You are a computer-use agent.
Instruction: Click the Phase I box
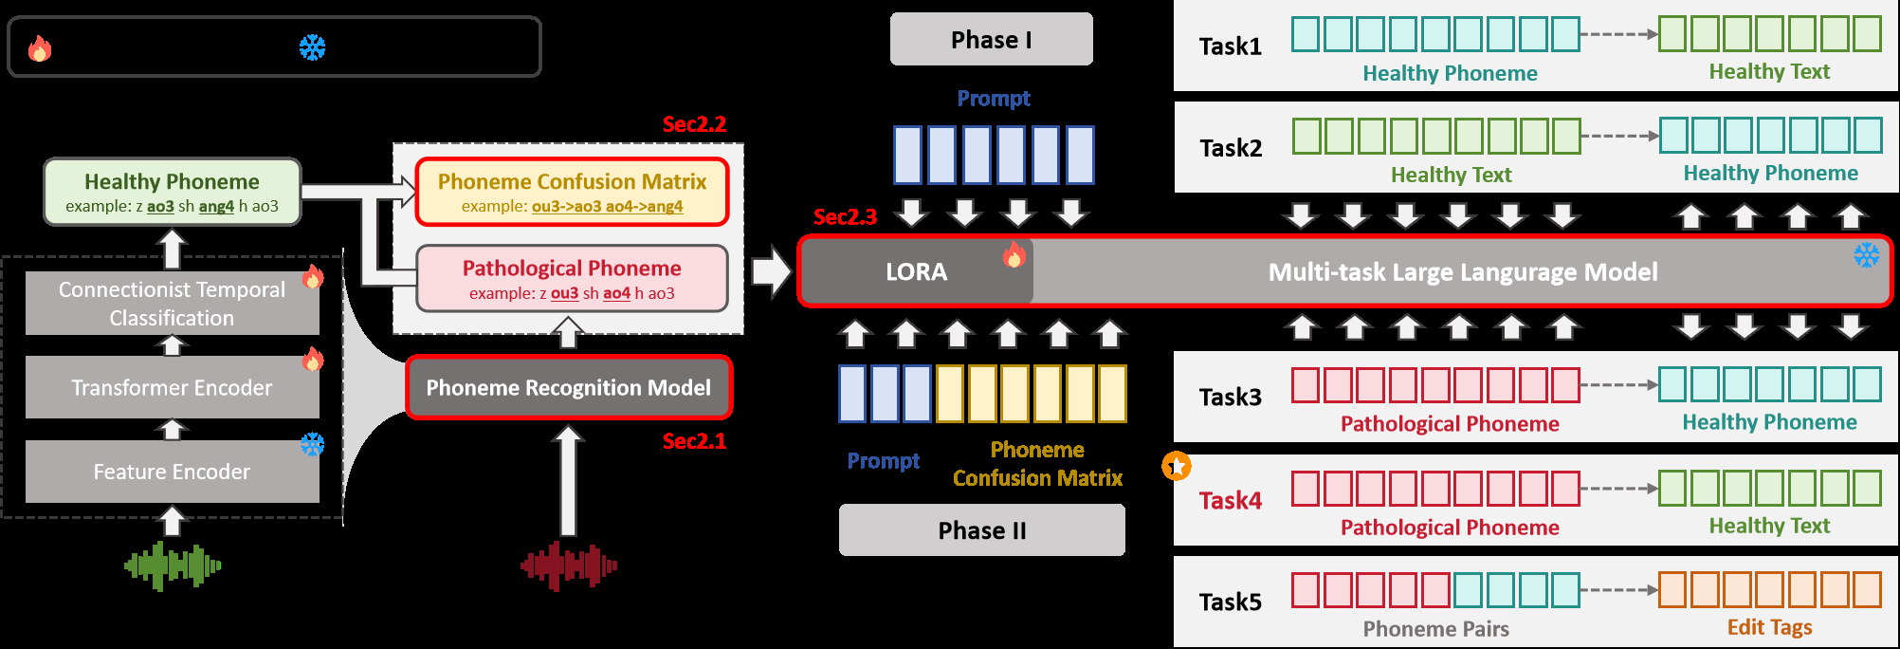[991, 39]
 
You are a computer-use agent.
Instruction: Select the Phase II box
[981, 529]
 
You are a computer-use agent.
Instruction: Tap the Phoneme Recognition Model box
[568, 387]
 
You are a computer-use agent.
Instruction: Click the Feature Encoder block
[172, 472]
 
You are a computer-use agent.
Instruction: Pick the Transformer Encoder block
[172, 387]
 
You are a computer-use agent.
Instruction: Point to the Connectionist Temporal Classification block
[172, 304]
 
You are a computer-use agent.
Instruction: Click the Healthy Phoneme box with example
[172, 192]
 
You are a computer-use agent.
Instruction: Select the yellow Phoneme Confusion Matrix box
[572, 192]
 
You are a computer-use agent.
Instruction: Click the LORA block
[916, 272]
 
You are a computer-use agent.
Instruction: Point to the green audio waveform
[173, 566]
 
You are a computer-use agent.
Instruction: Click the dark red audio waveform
[568, 566]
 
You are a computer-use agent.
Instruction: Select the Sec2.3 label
[845, 217]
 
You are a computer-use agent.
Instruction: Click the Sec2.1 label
[694, 441]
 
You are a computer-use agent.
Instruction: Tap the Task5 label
[1230, 603]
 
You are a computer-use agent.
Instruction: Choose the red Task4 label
[1230, 500]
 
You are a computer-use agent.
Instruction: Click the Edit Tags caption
[1769, 627]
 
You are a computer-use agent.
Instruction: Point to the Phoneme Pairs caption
[1435, 629]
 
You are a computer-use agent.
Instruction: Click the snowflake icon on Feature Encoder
[312, 444]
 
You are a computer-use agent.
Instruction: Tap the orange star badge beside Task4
[1177, 466]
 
